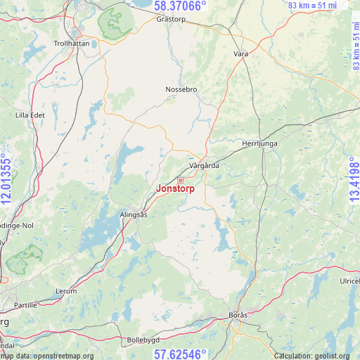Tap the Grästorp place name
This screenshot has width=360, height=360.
(171, 20)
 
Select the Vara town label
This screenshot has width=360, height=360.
(241, 53)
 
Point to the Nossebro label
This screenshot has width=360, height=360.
(181, 89)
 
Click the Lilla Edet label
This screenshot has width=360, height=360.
(30, 115)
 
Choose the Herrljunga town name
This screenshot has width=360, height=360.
(261, 143)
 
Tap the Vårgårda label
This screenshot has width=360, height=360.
(205, 166)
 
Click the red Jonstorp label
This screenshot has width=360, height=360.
(175, 188)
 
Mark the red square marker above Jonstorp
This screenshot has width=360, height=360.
(180, 180)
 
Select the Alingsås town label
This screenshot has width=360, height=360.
(133, 215)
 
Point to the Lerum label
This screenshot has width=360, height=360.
(65, 290)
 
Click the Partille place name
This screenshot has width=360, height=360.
(25, 306)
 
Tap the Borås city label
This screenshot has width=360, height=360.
(238, 315)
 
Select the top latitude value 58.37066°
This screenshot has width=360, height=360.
(180, 6)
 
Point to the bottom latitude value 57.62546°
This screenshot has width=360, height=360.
(180, 354)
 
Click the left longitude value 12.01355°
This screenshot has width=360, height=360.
(6, 179)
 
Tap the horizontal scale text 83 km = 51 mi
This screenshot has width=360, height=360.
(313, 6)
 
